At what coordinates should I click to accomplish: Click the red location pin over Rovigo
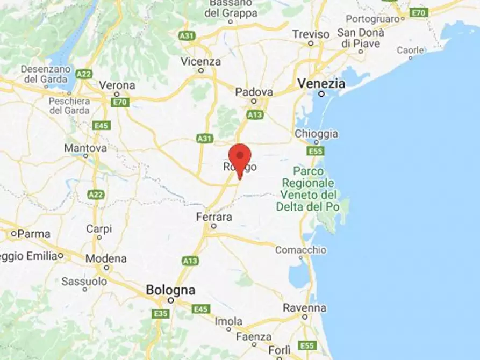coord(240,157)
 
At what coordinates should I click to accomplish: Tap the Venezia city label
coord(321,84)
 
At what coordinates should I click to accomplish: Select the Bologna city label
coord(170,290)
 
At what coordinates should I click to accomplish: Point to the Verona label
coord(117,85)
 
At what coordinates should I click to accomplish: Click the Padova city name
coord(254,92)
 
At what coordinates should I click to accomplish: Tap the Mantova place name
coord(85,148)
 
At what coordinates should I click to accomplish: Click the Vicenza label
coord(200,61)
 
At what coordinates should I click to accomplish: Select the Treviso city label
coord(311,34)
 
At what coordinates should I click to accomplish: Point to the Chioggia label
coord(317,134)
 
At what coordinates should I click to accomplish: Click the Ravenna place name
coord(305,308)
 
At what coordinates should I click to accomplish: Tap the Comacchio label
coord(300,250)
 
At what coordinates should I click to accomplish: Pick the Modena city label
coord(106,258)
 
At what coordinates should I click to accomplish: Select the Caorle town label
coord(410,50)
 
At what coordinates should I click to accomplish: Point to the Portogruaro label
coord(375,18)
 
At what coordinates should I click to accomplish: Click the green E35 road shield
coord(161,313)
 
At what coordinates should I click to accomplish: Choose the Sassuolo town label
coord(84,281)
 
